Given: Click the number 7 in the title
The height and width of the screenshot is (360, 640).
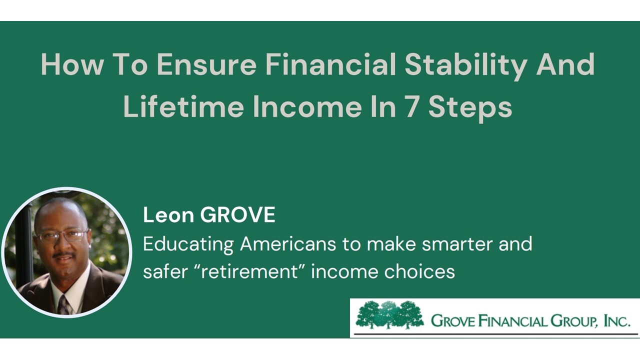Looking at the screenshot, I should click(x=411, y=106).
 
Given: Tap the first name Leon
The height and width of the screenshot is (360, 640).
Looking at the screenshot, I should click(x=168, y=215).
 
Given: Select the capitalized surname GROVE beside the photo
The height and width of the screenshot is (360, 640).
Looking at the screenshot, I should click(x=237, y=215).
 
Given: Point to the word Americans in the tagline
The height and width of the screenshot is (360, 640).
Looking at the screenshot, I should click(x=287, y=244).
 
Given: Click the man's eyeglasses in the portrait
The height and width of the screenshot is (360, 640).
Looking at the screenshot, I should click(x=62, y=235).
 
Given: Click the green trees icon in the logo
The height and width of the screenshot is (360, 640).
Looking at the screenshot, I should click(x=389, y=315).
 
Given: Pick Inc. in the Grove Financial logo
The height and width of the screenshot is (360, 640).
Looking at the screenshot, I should click(x=617, y=320).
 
